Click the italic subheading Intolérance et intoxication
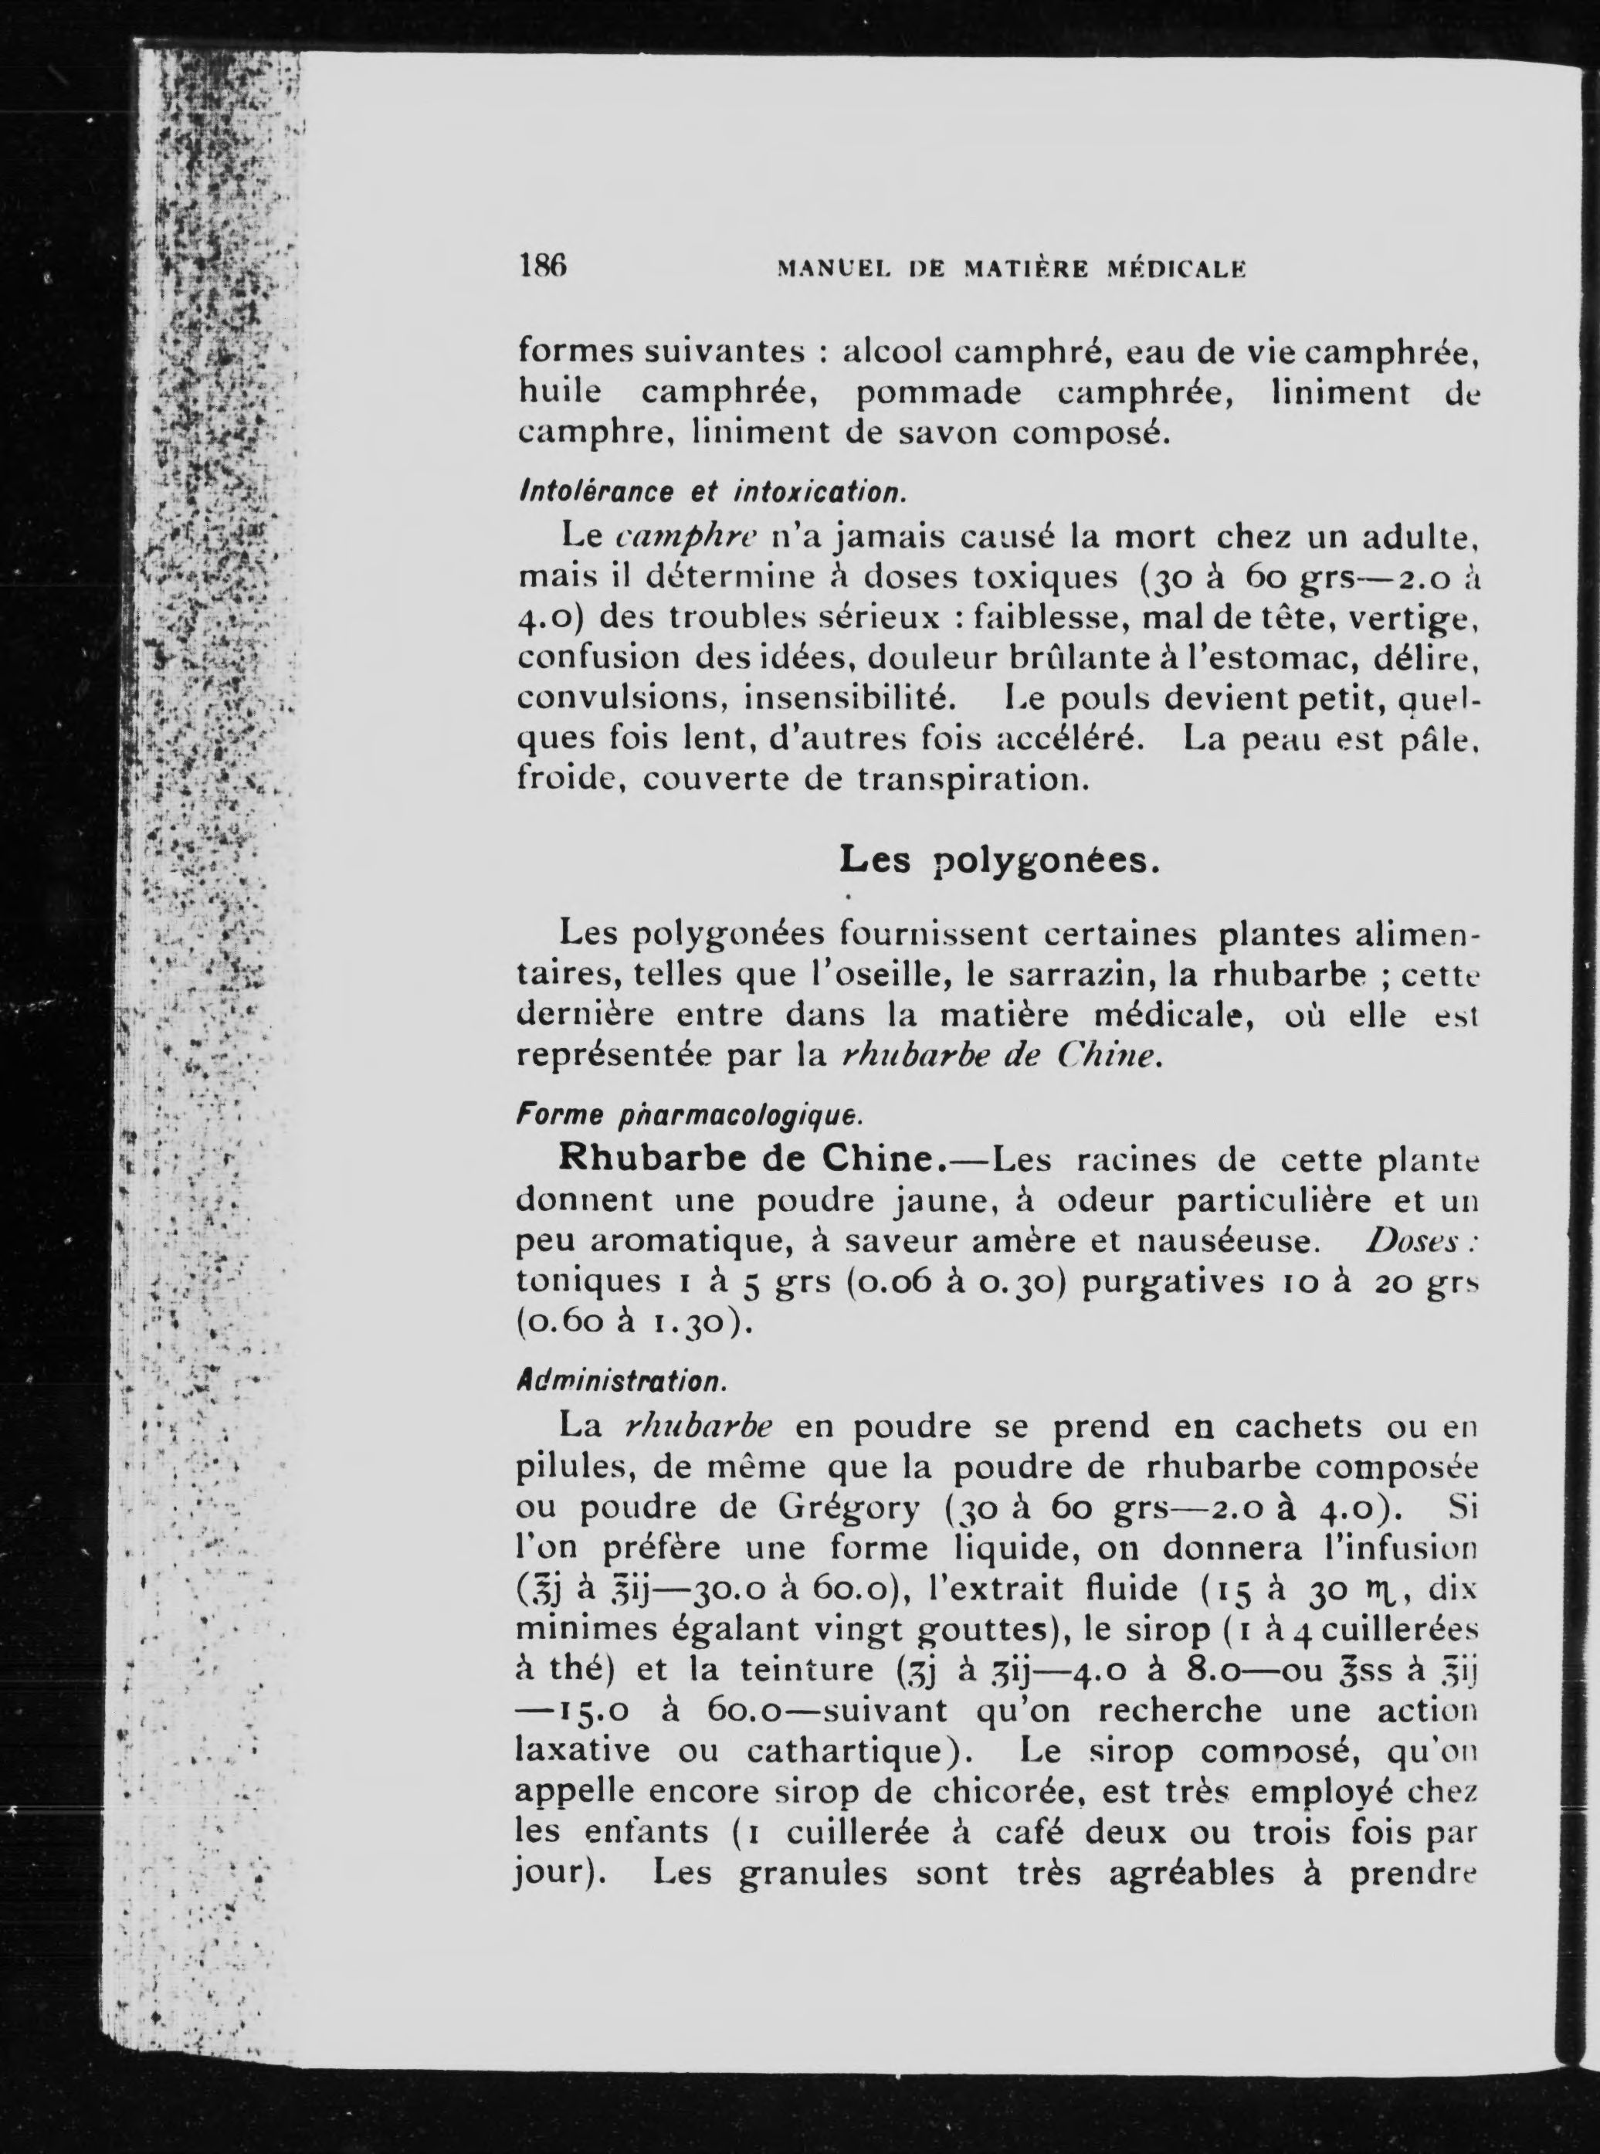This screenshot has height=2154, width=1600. pyautogui.click(x=710, y=491)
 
